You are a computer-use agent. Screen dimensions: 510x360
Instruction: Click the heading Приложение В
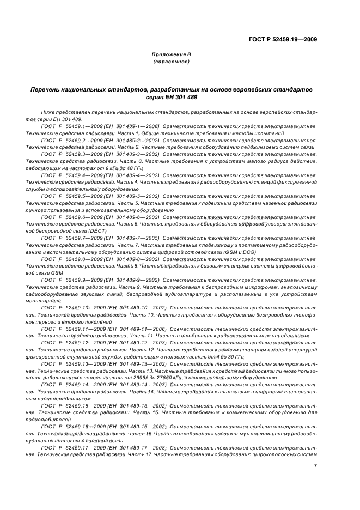tap(172, 54)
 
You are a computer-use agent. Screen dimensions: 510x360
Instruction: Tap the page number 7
tap(316, 465)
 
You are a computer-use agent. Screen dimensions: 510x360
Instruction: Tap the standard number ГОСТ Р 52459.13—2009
tap(74, 363)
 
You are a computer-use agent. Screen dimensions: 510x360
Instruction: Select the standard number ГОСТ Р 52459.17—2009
tap(74, 447)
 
